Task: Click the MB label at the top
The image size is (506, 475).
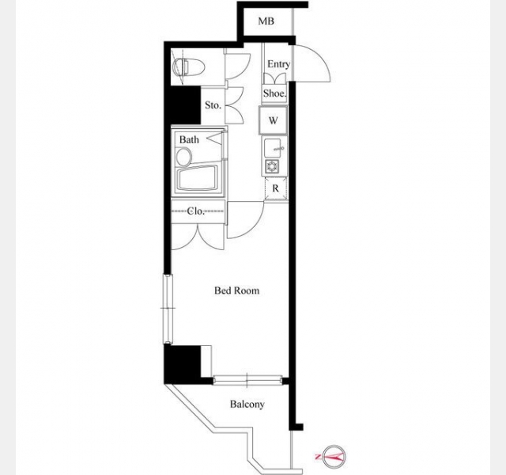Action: tap(266, 21)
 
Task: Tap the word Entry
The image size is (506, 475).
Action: tap(278, 64)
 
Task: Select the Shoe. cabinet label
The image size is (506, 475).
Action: tap(274, 93)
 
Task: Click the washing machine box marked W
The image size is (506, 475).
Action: tap(273, 120)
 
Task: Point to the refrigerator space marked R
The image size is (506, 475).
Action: tap(275, 188)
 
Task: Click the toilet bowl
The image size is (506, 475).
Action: tap(189, 67)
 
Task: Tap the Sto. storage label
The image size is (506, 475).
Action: tap(213, 105)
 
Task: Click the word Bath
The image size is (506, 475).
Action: tap(189, 139)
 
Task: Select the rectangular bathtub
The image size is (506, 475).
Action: tap(198, 178)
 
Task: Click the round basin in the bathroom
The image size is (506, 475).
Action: tap(184, 158)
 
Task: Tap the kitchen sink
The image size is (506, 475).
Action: tap(274, 148)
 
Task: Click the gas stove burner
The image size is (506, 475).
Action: tap(271, 166)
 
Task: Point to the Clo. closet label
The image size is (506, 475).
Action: tap(196, 211)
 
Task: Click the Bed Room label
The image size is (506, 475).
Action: tap(237, 291)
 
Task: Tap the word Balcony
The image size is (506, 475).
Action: tap(247, 405)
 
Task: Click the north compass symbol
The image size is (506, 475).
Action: tap(334, 457)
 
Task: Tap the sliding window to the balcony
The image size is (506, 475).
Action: tap(247, 380)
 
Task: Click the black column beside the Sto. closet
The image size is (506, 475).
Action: tap(183, 105)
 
